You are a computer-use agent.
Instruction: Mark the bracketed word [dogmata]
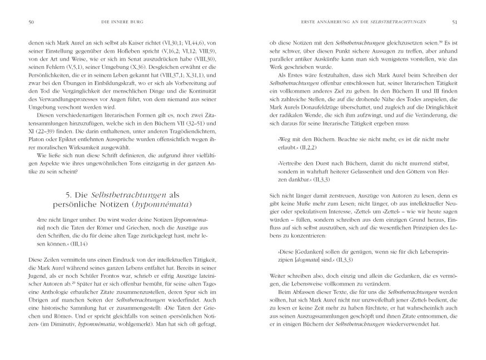pyautogui.click(x=300, y=259)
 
